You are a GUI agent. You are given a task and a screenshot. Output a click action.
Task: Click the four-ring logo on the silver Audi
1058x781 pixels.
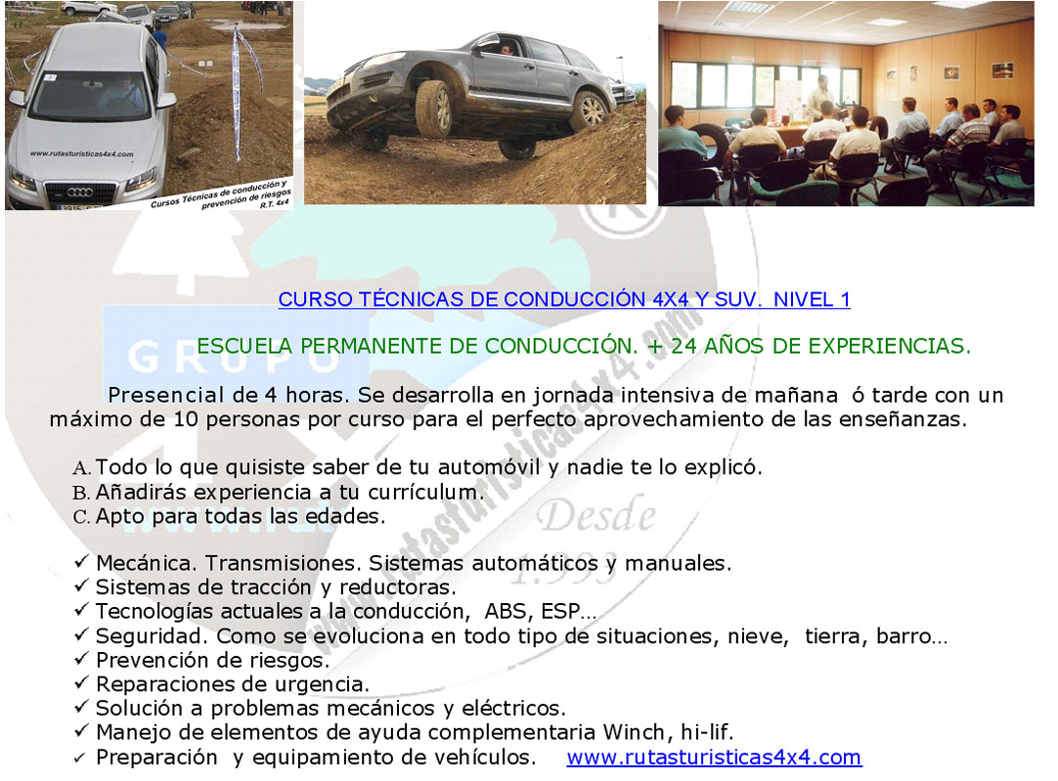(79, 193)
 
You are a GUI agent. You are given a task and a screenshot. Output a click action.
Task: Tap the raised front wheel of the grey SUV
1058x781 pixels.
(434, 108)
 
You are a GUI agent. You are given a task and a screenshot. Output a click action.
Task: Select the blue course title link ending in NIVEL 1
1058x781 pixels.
(564, 299)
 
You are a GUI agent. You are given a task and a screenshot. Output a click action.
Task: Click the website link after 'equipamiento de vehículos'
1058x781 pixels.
(714, 758)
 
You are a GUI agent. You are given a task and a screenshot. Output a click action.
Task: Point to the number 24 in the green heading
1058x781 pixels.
(683, 346)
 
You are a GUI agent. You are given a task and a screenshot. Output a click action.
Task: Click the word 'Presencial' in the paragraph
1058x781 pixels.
(166, 395)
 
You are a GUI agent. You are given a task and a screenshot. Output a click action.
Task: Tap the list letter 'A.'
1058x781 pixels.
(81, 468)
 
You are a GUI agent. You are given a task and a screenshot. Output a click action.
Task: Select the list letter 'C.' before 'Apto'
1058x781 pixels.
(81, 517)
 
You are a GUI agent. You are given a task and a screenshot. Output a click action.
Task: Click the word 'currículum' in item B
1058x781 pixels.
(425, 493)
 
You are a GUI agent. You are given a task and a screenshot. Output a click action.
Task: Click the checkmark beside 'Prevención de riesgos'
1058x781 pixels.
(81, 658)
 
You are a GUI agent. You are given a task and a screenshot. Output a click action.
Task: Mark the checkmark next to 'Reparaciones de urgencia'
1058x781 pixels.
(81, 682)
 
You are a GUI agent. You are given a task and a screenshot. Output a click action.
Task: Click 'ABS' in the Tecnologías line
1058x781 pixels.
(506, 611)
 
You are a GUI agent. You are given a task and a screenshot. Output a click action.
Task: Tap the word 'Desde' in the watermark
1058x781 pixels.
(596, 517)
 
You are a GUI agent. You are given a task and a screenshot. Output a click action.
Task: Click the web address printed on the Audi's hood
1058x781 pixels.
(81, 153)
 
